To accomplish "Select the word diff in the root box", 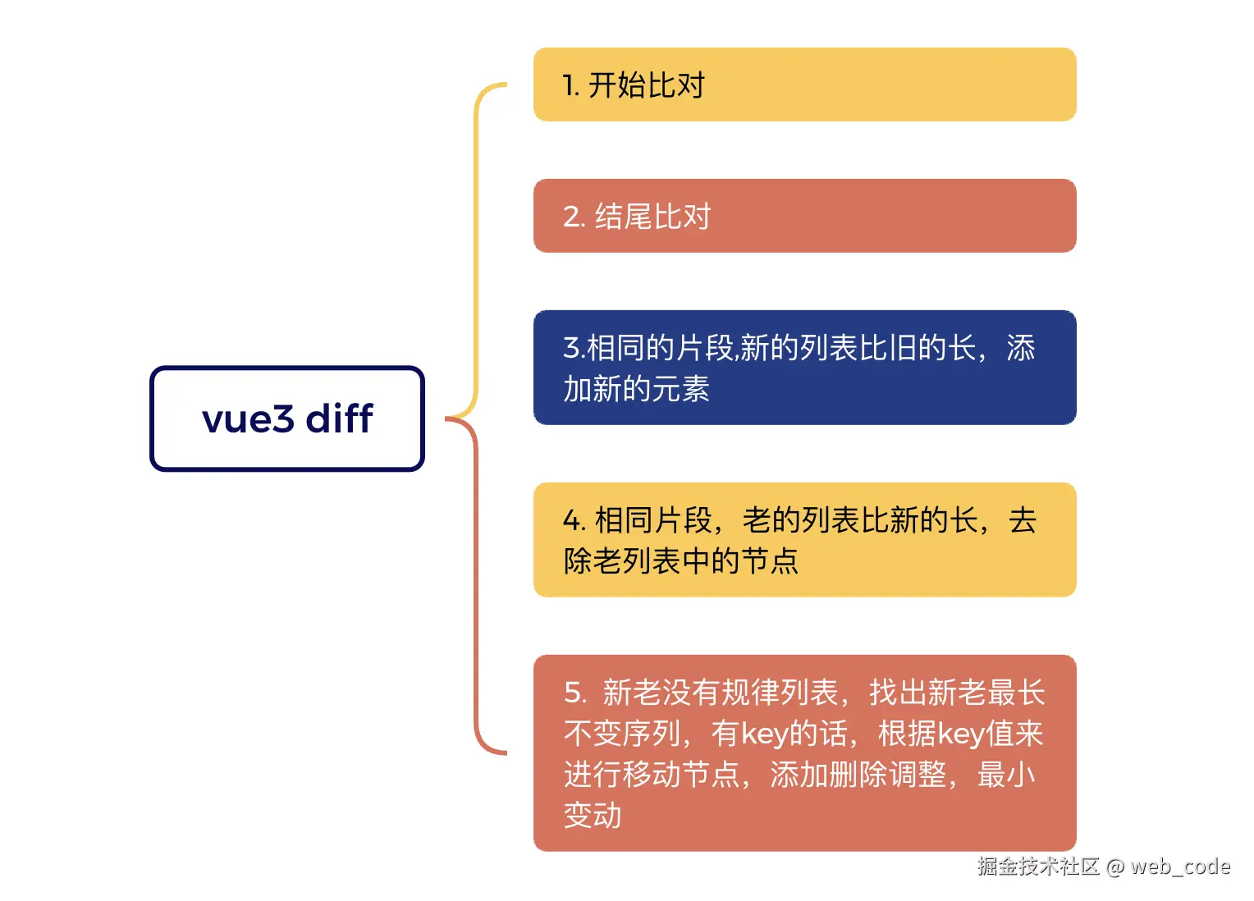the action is pos(339,418).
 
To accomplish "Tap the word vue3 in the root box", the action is pos(248,419).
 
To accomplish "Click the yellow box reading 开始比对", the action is pos(804,85).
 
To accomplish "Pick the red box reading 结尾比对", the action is pos(804,216).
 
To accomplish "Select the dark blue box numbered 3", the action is pos(804,368).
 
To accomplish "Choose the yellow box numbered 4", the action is pos(804,540).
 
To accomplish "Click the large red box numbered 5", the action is pos(804,753).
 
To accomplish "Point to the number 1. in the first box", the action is pos(571,85).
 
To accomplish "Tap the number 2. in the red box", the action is pos(574,217).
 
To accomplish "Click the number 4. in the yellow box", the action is pos(574,521).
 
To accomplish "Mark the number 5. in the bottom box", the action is pos(574,693).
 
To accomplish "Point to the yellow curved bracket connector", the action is pos(477,246).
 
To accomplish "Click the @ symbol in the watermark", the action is pos(1115,867).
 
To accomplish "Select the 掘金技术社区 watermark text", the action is pos(1038,867).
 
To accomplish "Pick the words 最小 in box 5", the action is pos(1006,775).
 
